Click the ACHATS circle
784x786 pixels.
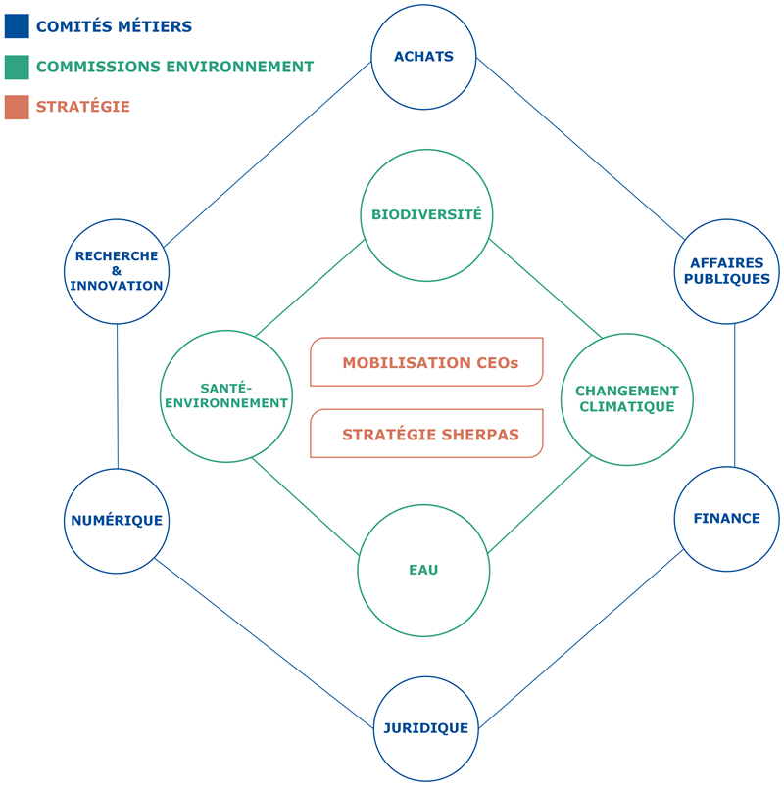tap(423, 57)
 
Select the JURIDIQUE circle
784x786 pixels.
tap(425, 728)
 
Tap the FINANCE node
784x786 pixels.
tap(726, 519)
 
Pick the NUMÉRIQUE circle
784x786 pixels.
tap(116, 521)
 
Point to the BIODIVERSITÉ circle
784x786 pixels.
tap(425, 215)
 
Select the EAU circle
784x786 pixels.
tap(423, 570)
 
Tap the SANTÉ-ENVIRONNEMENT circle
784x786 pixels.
tap(226, 395)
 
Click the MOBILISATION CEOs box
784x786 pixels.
tap(427, 362)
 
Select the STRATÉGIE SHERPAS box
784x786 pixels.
tap(427, 434)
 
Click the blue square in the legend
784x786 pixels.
tap(17, 26)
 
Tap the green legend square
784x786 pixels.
tap(17, 67)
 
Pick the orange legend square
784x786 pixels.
tap(17, 107)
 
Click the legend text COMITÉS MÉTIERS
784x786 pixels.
tap(114, 26)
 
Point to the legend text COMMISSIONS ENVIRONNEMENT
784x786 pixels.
tap(174, 67)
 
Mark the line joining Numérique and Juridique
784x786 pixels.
tap(265, 642)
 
